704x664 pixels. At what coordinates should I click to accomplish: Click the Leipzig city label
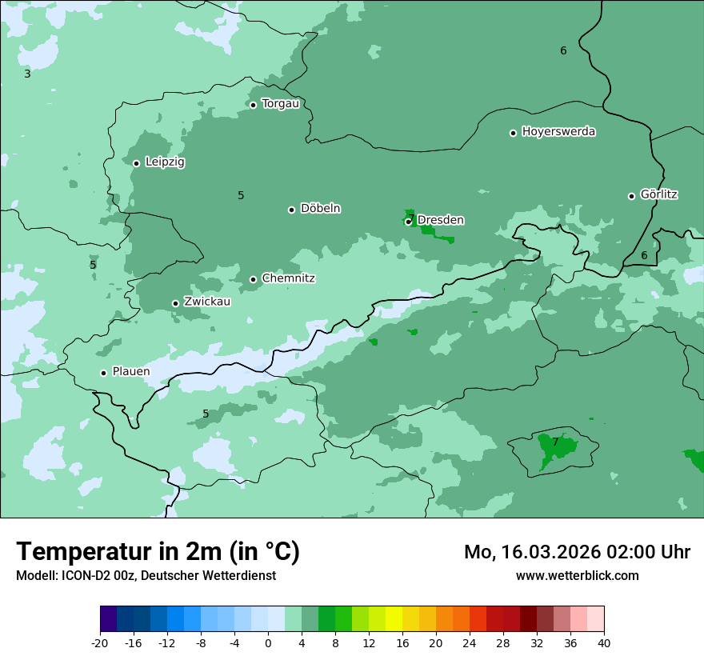[x=165, y=162]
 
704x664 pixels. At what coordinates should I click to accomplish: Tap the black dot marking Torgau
[x=253, y=105]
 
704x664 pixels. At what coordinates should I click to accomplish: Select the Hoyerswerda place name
[x=558, y=132]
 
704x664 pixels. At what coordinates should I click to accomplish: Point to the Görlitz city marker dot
[x=631, y=196]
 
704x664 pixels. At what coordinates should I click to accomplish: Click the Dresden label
[x=441, y=220]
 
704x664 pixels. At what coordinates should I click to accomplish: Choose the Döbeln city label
[x=320, y=209]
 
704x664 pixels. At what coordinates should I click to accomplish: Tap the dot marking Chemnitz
[x=253, y=279]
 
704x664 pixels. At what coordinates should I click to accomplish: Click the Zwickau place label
[x=207, y=302]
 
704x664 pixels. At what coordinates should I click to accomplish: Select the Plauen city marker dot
[x=103, y=373]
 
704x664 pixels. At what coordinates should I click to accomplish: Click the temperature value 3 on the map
[x=27, y=74]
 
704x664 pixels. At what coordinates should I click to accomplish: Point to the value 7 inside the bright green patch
[x=555, y=442]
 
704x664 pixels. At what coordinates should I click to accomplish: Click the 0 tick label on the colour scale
[x=268, y=643]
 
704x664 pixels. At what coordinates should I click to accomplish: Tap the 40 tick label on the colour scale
[x=604, y=643]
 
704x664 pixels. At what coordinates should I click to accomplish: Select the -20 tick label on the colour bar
[x=100, y=643]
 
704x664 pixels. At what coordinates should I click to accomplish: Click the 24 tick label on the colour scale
[x=470, y=643]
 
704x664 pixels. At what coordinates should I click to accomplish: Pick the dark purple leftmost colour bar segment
[x=108, y=619]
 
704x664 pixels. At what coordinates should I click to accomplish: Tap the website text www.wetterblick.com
[x=578, y=576]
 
